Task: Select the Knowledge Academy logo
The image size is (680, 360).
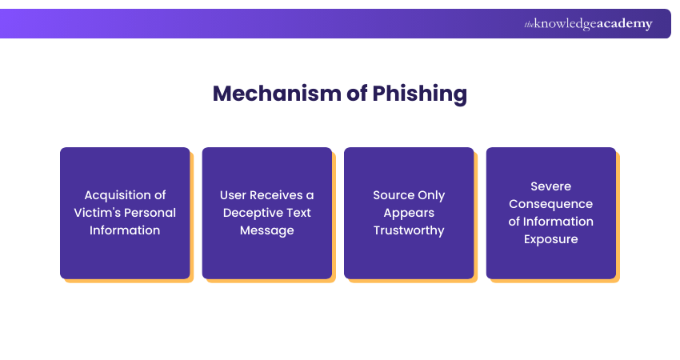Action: pos(588,24)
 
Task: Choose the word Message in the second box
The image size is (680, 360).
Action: pos(267,230)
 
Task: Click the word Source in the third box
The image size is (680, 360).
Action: pos(392,195)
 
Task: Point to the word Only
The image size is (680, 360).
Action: pos(431,195)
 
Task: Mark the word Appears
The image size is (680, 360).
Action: pos(409,213)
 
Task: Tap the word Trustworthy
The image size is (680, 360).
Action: pos(409,230)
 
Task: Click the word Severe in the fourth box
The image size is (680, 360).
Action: pos(551,186)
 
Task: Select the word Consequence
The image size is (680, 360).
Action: pos(551,204)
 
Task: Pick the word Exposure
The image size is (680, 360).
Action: pos(551,239)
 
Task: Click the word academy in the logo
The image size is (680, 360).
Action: pos(624,24)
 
